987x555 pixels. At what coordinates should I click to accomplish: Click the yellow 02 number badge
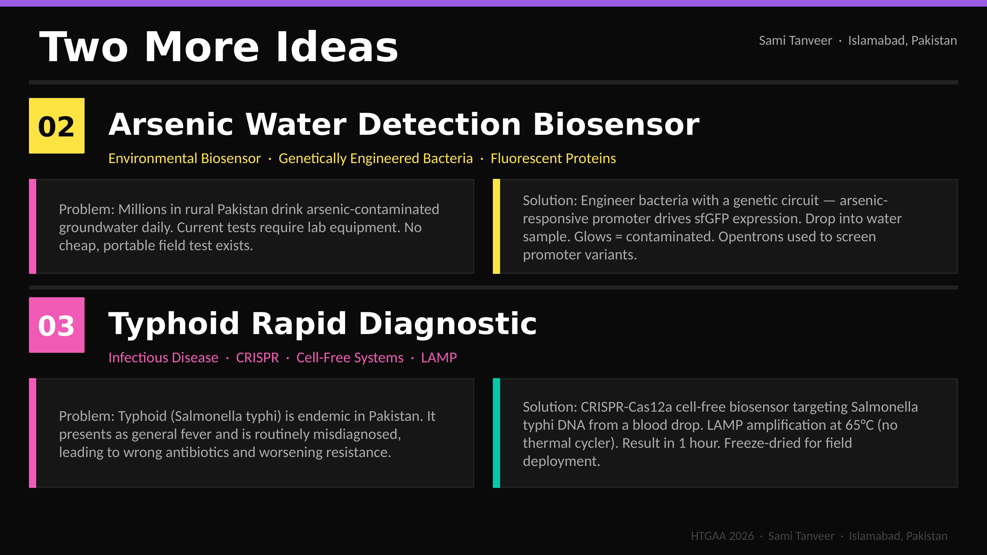point(57,126)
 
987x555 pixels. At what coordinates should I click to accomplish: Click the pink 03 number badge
point(57,325)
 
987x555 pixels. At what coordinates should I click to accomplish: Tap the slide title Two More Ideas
point(219,47)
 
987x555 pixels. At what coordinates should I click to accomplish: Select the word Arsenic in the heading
point(171,125)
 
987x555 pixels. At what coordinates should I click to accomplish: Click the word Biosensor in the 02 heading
point(616,125)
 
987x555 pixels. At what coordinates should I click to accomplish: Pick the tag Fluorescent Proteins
point(553,158)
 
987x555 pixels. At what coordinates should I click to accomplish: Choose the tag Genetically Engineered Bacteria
point(375,158)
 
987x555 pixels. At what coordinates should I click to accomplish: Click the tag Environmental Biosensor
point(185,158)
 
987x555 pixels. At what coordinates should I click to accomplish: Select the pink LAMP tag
point(439,357)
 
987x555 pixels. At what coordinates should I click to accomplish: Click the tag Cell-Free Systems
point(350,357)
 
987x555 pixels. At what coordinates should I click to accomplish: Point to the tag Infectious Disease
point(163,357)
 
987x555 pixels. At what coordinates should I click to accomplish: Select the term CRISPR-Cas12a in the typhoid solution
point(626,407)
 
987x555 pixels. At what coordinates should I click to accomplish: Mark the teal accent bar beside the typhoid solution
point(496,433)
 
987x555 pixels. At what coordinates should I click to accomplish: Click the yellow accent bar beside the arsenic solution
point(496,226)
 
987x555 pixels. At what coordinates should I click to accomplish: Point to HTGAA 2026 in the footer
point(722,536)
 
